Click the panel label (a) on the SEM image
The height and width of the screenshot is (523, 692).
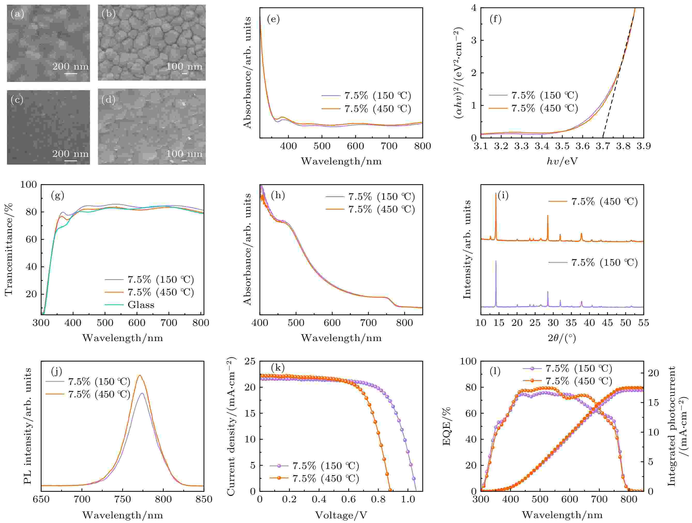tap(17, 14)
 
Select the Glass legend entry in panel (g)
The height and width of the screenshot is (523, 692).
tap(141, 305)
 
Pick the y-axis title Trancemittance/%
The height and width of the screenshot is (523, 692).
tap(9, 249)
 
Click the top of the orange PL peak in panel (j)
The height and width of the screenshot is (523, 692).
tap(140, 375)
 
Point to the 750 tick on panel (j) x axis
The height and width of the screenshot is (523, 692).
tap(123, 499)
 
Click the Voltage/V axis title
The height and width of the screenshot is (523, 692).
tap(341, 515)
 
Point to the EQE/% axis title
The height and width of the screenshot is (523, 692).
tap(446, 426)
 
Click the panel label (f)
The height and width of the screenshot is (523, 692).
tap(496, 19)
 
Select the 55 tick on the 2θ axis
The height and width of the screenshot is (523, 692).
tap(643, 323)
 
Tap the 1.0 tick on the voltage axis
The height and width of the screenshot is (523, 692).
tap(408, 499)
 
